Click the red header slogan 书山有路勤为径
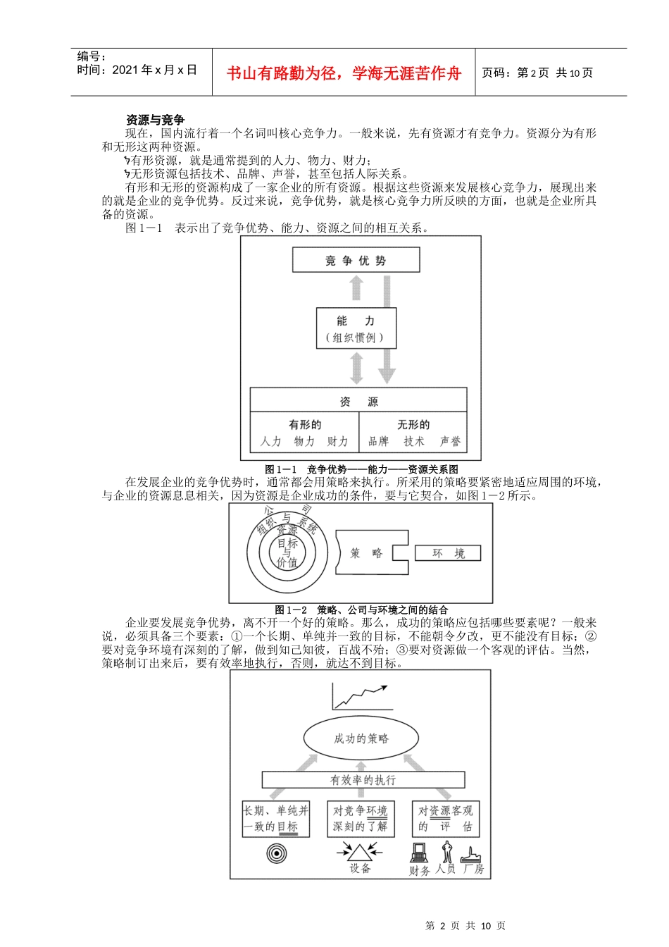[344, 73]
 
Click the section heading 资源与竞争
[155, 120]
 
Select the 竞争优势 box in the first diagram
[356, 260]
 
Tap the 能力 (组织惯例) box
[356, 328]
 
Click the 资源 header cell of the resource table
[358, 402]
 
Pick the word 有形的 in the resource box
[304, 425]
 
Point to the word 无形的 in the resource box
[413, 425]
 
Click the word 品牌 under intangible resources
[378, 442]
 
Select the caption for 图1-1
[361, 469]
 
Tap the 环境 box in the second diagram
[448, 553]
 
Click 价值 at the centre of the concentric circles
[287, 562]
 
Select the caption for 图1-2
[361, 609]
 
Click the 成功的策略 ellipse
[361, 738]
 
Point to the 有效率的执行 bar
[363, 780]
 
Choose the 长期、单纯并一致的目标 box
[276, 819]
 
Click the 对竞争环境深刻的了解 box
[360, 819]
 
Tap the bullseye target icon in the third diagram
[277, 854]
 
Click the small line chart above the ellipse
[361, 697]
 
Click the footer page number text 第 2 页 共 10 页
[465, 926]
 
